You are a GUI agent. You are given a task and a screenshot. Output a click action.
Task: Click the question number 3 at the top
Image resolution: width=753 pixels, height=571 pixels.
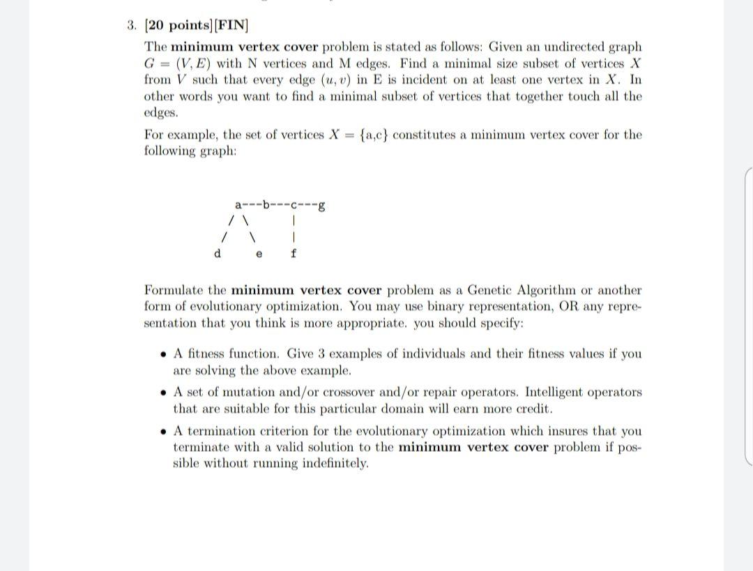pos(131,26)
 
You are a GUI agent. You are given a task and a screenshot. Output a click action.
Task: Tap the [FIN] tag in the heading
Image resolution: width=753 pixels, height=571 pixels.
pos(231,26)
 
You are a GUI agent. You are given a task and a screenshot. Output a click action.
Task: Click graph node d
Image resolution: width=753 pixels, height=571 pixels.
pos(217,254)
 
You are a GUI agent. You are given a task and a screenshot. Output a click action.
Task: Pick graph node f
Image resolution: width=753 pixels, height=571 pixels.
pos(294,254)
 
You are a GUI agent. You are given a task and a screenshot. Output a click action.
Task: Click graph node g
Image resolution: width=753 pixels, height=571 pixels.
pos(320,205)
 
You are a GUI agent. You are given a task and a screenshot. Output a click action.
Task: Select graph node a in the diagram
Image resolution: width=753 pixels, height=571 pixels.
pos(238,205)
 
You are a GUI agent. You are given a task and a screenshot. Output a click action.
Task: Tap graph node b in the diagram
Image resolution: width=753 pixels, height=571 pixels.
pos(266,205)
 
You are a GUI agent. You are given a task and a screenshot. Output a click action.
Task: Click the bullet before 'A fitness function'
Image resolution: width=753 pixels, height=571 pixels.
pos(162,354)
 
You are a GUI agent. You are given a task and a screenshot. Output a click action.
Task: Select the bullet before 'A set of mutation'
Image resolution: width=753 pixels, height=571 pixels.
pos(162,393)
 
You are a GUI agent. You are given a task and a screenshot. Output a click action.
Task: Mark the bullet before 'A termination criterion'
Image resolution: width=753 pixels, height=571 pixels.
pos(162,432)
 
